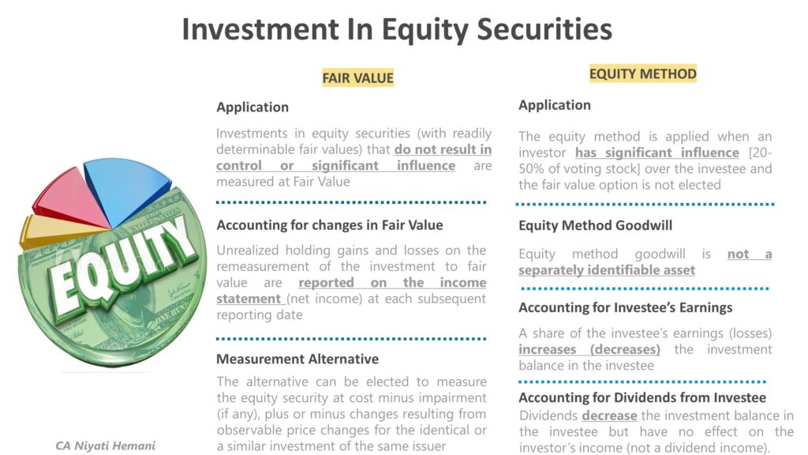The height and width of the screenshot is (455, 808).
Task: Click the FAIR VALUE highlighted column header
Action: tap(357, 77)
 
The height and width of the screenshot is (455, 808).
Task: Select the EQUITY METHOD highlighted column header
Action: tap(642, 74)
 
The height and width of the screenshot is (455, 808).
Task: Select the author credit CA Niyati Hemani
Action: tap(105, 446)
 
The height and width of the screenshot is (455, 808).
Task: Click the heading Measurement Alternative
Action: tap(297, 359)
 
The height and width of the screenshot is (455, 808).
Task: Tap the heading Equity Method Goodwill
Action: tap(595, 225)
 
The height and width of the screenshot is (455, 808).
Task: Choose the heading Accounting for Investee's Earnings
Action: tap(625, 307)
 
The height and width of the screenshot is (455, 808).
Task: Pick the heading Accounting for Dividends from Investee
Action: tap(642, 397)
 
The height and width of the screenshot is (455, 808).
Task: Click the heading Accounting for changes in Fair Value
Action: tap(329, 225)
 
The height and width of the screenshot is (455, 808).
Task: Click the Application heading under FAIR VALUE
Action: tap(252, 107)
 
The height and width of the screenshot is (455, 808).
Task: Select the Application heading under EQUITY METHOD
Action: tap(554, 105)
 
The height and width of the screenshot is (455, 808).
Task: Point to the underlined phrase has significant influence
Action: tap(656, 152)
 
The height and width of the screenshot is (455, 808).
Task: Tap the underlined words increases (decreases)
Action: tap(589, 349)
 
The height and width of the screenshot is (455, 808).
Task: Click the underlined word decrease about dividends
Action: tap(609, 416)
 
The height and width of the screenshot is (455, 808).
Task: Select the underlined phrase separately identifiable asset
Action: tap(606, 270)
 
